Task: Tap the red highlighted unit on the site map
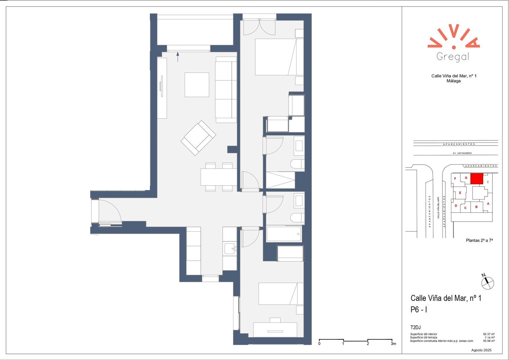pyautogui.click(x=476, y=178)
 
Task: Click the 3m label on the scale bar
pyautogui.click(x=393, y=344)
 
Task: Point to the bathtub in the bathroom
pyautogui.click(x=284, y=234)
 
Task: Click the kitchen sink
pyautogui.click(x=230, y=249)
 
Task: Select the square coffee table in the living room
pyautogui.click(x=197, y=85)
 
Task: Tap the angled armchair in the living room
pyautogui.click(x=198, y=138)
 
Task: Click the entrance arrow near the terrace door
pyautogui.click(x=178, y=57)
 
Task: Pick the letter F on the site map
pyautogui.click(x=455, y=178)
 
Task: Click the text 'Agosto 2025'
pyautogui.click(x=481, y=350)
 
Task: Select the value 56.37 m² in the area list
pyautogui.click(x=489, y=334)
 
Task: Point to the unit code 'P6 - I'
pyautogui.click(x=418, y=309)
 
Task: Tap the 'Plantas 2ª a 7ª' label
pyautogui.click(x=479, y=240)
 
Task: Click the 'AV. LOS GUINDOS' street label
pyautogui.click(x=462, y=153)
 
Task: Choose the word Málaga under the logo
pyautogui.click(x=454, y=81)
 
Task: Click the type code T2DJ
pyautogui.click(x=415, y=327)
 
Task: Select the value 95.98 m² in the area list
pyautogui.click(x=489, y=341)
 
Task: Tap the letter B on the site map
pyautogui.click(x=476, y=207)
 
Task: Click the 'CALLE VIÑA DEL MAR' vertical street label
pyautogui.click(x=438, y=208)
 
